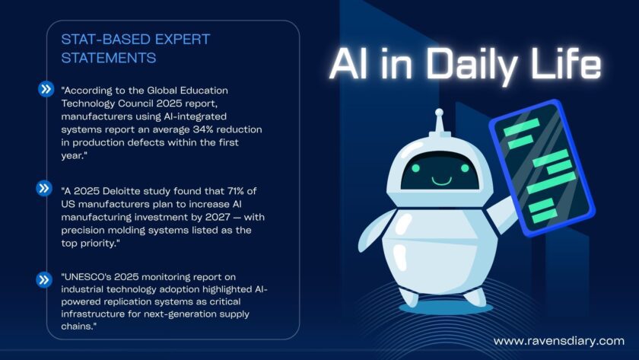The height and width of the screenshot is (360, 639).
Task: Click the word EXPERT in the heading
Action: tap(183, 40)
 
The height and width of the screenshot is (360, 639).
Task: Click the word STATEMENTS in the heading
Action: tap(108, 58)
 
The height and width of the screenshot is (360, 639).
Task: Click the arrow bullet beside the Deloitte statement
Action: tap(44, 188)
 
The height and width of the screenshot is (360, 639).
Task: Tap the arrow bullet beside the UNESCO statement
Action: tap(44, 279)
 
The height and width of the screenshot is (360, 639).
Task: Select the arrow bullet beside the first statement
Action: tap(46, 88)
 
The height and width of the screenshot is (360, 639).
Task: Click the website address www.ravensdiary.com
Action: tap(558, 341)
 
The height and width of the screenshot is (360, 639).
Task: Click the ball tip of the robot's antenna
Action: tap(439, 112)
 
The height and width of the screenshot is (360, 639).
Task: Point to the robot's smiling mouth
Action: tap(441, 180)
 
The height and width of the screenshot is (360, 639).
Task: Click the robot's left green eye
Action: tap(415, 168)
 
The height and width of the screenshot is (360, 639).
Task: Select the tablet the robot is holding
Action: tap(542, 167)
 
